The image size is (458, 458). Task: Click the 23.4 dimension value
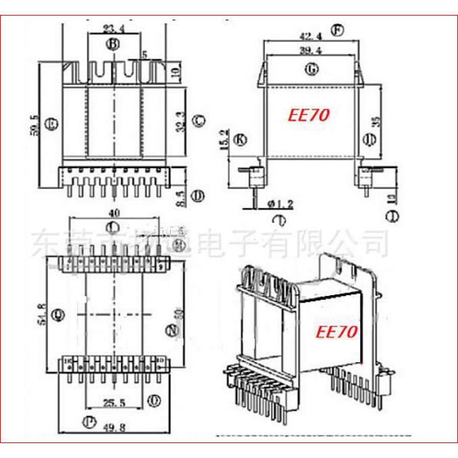[x=113, y=29]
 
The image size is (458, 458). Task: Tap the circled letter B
[x=113, y=45]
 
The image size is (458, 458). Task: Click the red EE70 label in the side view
[x=309, y=115]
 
